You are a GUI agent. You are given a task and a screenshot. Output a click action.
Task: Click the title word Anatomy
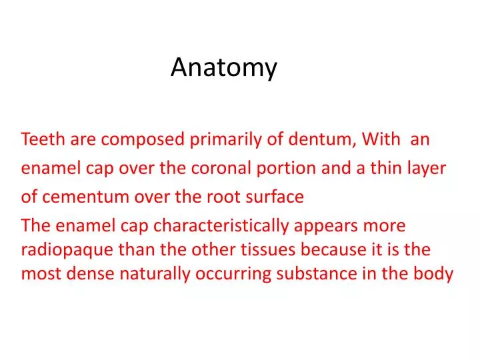223,67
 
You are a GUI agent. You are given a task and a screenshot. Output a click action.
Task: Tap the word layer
427,169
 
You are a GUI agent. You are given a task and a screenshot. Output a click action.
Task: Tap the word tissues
271,250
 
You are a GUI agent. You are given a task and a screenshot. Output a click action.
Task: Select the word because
333,250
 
